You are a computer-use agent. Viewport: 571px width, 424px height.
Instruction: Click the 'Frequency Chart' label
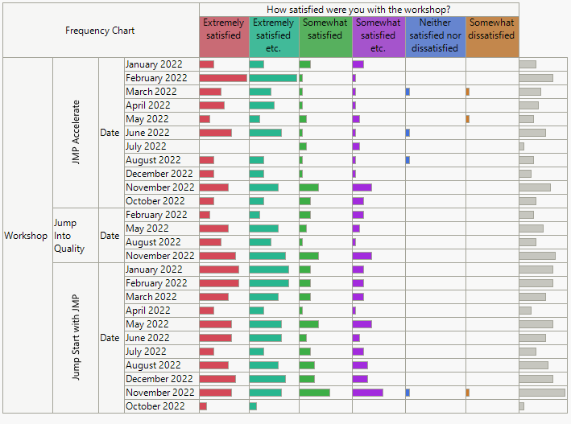[100, 31]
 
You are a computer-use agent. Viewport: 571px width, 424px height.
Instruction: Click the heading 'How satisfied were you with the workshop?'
[358, 10]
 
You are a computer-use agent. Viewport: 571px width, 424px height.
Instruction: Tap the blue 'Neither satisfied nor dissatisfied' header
[436, 36]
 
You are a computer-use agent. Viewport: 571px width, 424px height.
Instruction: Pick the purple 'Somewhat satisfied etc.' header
[378, 36]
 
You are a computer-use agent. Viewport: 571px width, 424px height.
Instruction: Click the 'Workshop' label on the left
[26, 236]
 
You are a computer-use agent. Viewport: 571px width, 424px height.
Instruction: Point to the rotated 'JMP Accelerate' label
[77, 133]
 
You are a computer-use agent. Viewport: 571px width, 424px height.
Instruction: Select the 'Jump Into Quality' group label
[69, 236]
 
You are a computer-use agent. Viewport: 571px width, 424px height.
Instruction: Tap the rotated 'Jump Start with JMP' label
[77, 338]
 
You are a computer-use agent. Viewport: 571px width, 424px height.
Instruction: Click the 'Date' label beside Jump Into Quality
[110, 236]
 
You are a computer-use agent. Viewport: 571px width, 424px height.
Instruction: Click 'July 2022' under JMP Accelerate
[146, 146]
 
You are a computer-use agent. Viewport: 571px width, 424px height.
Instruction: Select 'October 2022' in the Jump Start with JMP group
[155, 406]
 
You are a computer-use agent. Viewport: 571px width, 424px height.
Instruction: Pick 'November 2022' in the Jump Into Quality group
[159, 256]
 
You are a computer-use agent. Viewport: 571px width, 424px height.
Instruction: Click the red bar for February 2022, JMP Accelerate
[223, 78]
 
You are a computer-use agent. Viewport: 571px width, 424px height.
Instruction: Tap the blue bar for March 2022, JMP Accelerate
[408, 92]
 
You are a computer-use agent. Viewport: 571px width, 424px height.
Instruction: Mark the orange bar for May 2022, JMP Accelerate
[468, 119]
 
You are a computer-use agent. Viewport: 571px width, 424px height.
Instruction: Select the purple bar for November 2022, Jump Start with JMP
[367, 393]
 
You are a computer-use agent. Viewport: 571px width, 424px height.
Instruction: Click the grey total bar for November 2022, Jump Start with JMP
[542, 393]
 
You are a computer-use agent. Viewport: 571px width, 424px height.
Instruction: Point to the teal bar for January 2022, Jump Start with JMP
[269, 270]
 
